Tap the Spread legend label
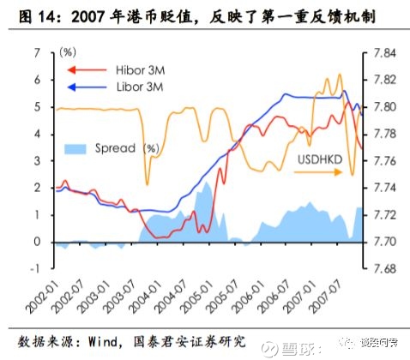(117, 148)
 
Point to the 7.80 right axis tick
(383, 107)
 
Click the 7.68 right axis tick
(383, 268)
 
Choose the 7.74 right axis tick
(383, 188)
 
